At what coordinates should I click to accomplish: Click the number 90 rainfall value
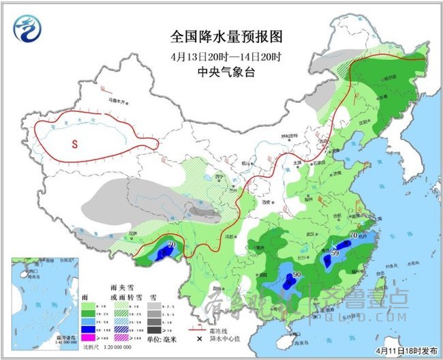point(297,275)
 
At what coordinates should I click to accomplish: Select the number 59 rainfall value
point(335,254)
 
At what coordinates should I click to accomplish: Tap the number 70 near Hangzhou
point(353,236)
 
